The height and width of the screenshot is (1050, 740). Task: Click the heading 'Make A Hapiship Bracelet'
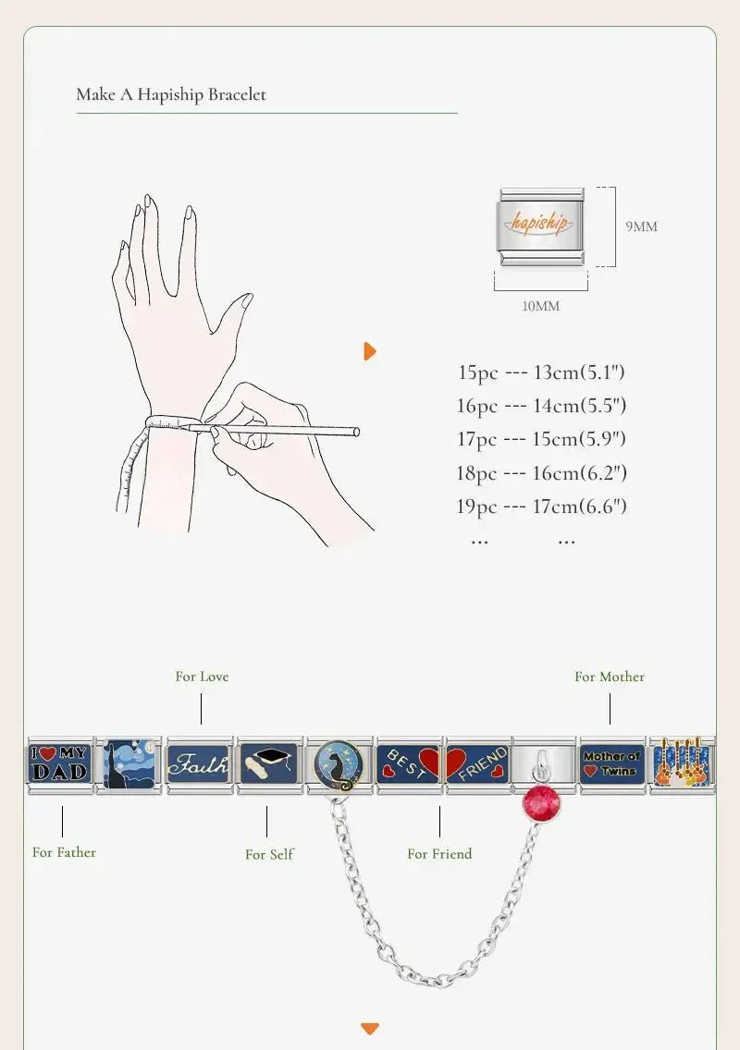pyautogui.click(x=171, y=94)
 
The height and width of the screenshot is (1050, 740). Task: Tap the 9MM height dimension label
pyautogui.click(x=641, y=226)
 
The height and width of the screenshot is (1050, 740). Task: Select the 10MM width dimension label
pyautogui.click(x=541, y=306)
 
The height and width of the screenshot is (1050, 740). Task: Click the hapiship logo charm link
pyautogui.click(x=542, y=226)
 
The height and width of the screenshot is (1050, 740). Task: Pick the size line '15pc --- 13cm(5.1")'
pyautogui.click(x=541, y=372)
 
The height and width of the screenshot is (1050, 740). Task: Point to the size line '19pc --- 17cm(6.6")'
pyautogui.click(x=541, y=507)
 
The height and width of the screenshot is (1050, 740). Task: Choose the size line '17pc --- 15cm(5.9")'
pyautogui.click(x=541, y=439)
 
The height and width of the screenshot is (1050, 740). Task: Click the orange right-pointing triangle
pyautogui.click(x=370, y=351)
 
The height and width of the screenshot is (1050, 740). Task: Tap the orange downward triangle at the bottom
pyautogui.click(x=370, y=1028)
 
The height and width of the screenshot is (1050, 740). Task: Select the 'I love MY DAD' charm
pyautogui.click(x=59, y=764)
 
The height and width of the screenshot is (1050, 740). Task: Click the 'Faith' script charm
pyautogui.click(x=198, y=764)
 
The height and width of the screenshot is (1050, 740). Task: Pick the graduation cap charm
pyautogui.click(x=268, y=764)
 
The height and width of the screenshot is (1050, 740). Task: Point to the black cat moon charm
pyautogui.click(x=338, y=765)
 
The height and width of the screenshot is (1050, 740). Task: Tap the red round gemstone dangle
pyautogui.click(x=541, y=803)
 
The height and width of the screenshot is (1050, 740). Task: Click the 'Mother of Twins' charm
pyautogui.click(x=612, y=764)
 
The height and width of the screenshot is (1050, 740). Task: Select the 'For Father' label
pyautogui.click(x=65, y=852)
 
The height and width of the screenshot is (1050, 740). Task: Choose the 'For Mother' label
pyautogui.click(x=610, y=677)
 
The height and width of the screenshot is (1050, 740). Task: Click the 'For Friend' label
pyautogui.click(x=439, y=854)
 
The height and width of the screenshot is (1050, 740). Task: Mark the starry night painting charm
pyautogui.click(x=129, y=764)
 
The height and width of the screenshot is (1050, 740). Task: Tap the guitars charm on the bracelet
pyautogui.click(x=682, y=764)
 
